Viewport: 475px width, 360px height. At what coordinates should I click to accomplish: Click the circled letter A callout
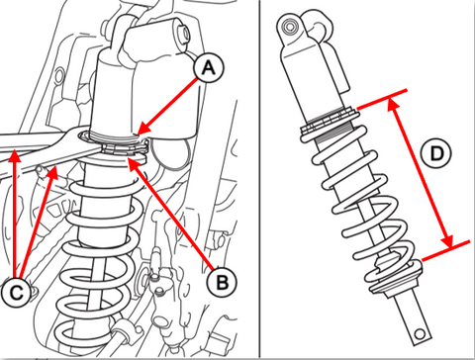(208, 68)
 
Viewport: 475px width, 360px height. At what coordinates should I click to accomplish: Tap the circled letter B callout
(222, 282)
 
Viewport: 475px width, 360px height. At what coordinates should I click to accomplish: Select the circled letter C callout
(16, 292)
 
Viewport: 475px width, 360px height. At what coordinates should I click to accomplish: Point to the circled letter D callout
(436, 153)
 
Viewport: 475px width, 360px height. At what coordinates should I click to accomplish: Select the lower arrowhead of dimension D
(449, 247)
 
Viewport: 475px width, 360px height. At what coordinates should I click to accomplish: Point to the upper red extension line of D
(382, 99)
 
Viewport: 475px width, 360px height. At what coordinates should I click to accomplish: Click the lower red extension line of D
(446, 251)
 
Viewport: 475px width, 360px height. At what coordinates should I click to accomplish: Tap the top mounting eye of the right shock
(290, 27)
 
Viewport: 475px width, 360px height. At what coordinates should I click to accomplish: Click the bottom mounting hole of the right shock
(420, 334)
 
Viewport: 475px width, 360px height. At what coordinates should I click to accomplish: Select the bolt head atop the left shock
(184, 34)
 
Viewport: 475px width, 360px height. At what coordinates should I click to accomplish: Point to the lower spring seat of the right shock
(396, 280)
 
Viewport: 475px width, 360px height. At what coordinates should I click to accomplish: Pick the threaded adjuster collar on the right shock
(330, 122)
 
